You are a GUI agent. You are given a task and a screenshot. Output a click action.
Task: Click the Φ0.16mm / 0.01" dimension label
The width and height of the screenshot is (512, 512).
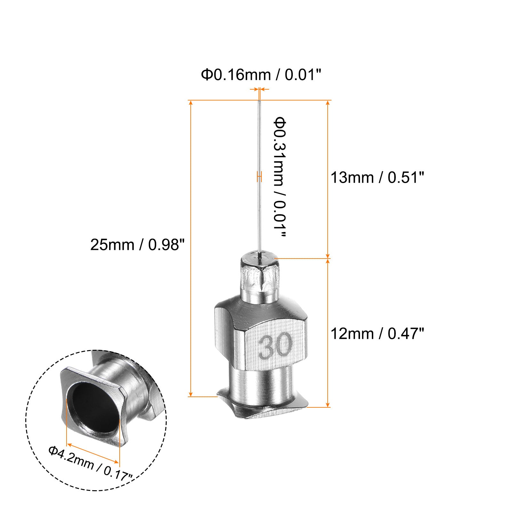[261, 75]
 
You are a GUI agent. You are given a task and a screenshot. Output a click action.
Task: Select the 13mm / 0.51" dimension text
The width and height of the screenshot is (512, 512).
[377, 177]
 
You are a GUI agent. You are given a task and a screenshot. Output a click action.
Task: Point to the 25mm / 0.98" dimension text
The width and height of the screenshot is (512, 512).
[138, 245]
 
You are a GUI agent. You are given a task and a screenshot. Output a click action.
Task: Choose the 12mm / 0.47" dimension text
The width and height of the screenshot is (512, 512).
[377, 334]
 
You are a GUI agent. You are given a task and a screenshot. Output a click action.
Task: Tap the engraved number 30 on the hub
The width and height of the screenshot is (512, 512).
[275, 346]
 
